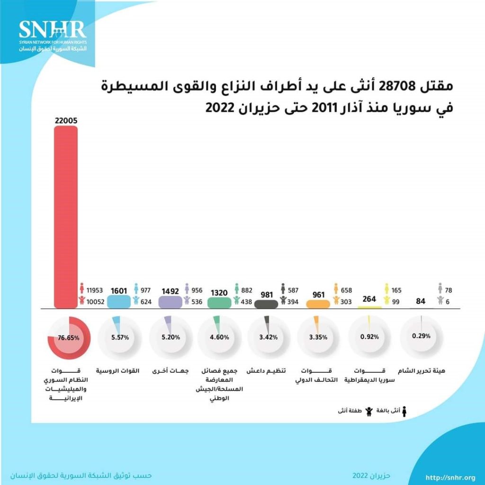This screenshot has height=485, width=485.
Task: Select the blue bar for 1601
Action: coord(119,302)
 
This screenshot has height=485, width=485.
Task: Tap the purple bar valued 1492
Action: coord(171,302)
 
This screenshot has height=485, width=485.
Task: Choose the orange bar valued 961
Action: coord(318,304)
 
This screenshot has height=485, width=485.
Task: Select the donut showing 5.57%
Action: coord(119,338)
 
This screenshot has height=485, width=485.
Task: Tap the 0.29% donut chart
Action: coord(421,337)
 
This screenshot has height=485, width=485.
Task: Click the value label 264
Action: coord(369,299)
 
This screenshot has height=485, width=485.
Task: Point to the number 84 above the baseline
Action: coord(420,300)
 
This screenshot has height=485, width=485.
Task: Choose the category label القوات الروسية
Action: coord(118,371)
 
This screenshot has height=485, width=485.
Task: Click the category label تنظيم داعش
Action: coord(269,371)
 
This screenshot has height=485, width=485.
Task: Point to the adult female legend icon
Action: coord(404,412)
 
